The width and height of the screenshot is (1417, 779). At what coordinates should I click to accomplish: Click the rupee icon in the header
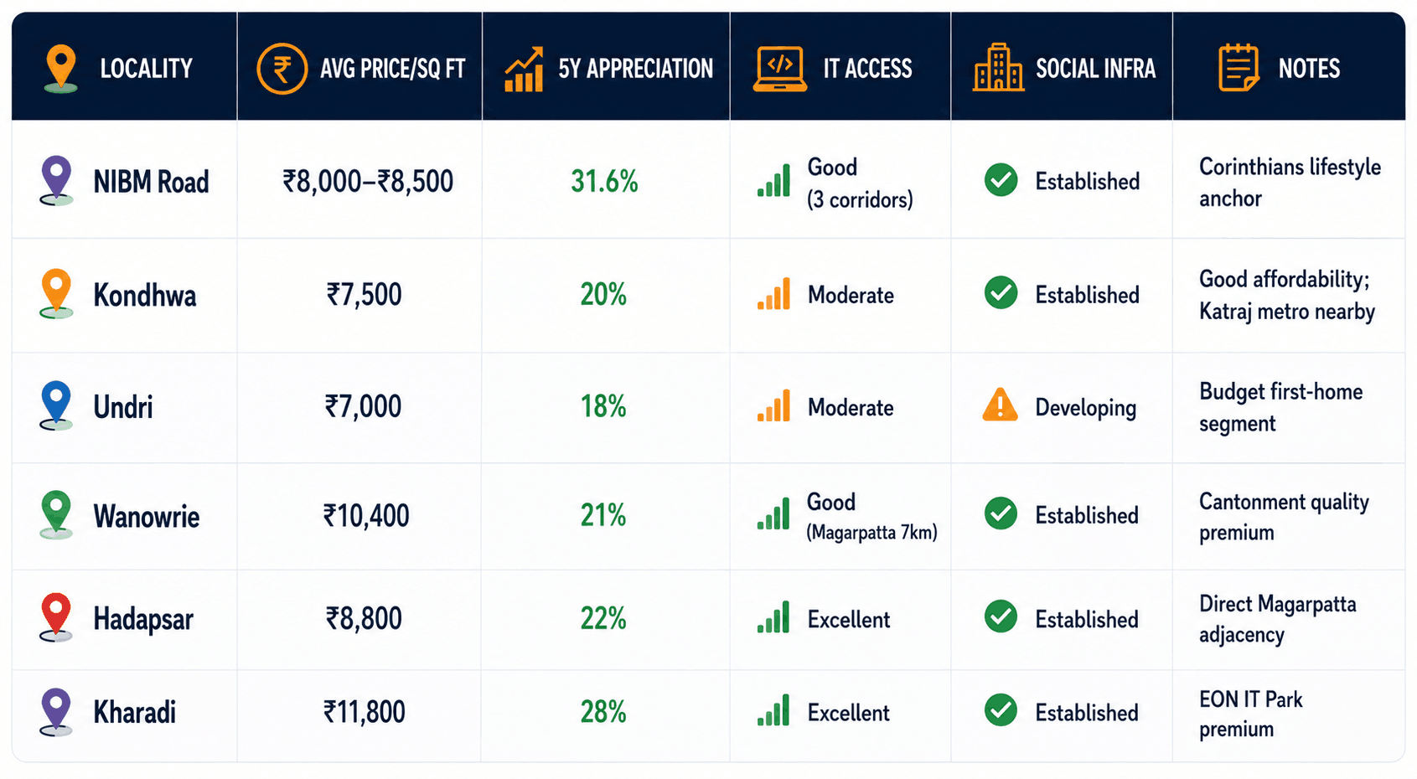click(x=282, y=69)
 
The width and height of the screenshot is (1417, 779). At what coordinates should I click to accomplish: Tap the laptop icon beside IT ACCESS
click(x=780, y=69)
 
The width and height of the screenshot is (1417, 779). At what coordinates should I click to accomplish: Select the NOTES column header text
click(x=1309, y=69)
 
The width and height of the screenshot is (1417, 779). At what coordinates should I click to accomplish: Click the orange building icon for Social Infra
click(x=998, y=68)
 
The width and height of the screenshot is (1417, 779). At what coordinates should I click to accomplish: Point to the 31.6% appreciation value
click(x=604, y=182)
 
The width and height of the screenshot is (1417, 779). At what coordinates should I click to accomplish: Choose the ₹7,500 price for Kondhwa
click(x=364, y=295)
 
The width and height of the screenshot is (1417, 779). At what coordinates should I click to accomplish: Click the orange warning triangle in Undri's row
click(x=1001, y=405)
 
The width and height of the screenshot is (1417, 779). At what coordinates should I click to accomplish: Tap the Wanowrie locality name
click(x=146, y=517)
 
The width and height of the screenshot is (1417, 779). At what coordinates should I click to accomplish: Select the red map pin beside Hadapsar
click(x=55, y=617)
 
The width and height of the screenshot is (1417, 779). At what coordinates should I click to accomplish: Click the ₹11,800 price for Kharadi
click(x=364, y=712)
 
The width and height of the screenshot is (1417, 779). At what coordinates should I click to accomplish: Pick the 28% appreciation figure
click(x=603, y=712)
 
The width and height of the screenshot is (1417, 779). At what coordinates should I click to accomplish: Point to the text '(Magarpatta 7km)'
click(x=871, y=533)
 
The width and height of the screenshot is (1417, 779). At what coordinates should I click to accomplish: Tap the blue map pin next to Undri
click(x=55, y=405)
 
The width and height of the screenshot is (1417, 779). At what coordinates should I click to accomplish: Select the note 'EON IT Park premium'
click(x=1250, y=714)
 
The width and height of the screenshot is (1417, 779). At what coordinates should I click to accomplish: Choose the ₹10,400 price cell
click(x=365, y=515)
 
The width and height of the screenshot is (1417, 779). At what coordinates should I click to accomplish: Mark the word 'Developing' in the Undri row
click(x=1085, y=408)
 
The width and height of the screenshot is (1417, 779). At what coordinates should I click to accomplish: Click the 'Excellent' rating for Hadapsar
click(x=848, y=620)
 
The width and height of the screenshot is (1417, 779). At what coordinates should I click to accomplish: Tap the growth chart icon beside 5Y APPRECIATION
click(x=525, y=69)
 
